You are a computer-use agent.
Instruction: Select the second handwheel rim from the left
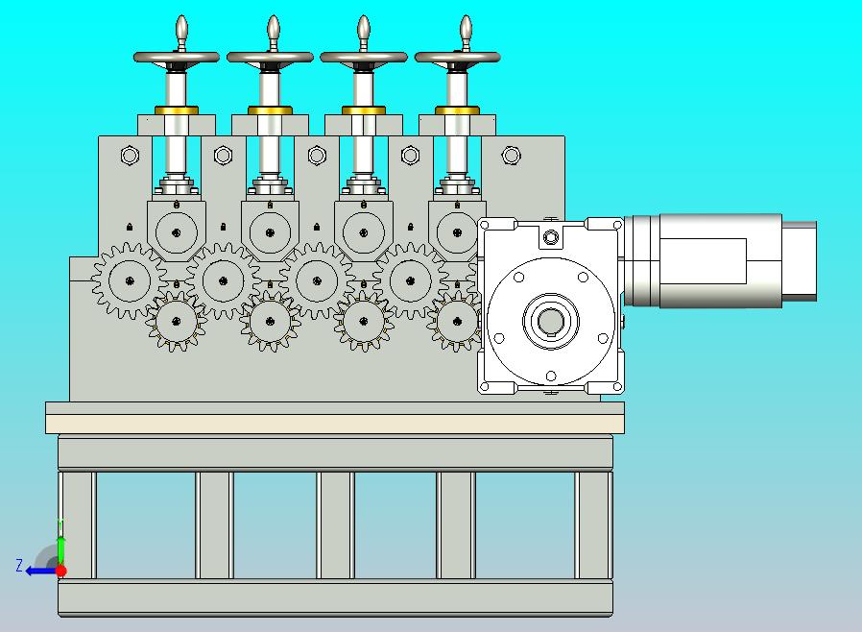(x=270, y=57)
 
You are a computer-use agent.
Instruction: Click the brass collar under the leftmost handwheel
(x=177, y=110)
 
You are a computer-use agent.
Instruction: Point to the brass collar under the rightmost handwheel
(x=457, y=110)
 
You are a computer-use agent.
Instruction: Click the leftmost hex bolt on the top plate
(x=130, y=156)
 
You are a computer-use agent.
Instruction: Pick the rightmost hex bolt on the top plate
(x=512, y=156)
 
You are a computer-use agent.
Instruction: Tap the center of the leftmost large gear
(x=130, y=281)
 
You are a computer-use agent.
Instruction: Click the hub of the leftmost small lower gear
(x=177, y=322)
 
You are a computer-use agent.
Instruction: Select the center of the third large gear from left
(x=317, y=281)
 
